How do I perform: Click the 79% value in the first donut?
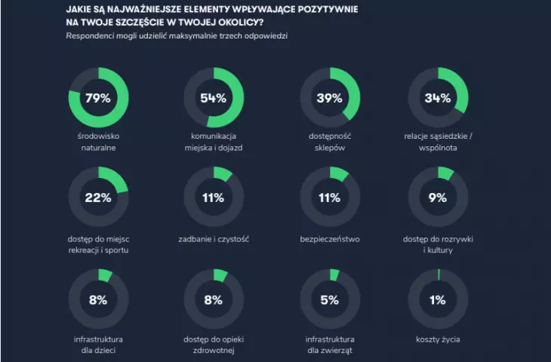tap(97, 98)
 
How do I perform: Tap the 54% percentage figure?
tap(214, 98)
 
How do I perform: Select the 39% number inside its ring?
tap(329, 98)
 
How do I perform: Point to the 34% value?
tap(438, 98)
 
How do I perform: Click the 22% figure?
tap(98, 198)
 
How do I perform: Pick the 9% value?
tap(438, 198)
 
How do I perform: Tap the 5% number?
tap(330, 300)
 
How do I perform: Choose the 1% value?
tap(438, 300)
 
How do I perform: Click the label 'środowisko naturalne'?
tap(98, 142)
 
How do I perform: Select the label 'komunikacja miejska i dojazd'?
tap(214, 142)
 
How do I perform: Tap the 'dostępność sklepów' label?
tap(330, 142)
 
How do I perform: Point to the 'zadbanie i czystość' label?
tap(214, 239)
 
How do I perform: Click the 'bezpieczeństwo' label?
tap(330, 239)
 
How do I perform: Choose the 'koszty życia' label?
tap(438, 339)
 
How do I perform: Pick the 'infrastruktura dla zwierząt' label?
tap(330, 345)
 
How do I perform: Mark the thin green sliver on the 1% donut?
tap(439, 275)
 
